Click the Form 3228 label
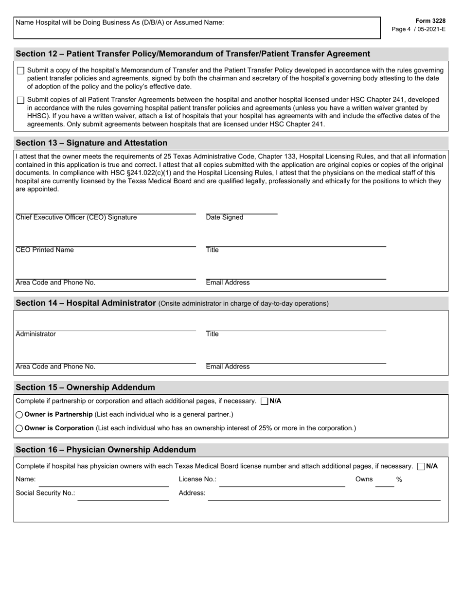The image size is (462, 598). pos(430,21)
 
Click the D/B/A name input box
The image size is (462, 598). pos(196,31)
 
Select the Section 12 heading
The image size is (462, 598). pos(193,54)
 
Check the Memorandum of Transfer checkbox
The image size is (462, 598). pos(20,71)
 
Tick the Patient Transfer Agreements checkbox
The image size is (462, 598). pos(20,101)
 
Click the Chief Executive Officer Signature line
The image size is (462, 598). pos(106,210)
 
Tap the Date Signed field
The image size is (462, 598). pos(241,210)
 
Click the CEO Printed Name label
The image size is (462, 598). pos(45,250)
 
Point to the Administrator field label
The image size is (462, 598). pos(36,334)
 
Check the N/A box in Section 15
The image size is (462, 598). pos(265,402)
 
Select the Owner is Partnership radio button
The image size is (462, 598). pos(19,415)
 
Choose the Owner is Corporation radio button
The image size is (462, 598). pos(19,428)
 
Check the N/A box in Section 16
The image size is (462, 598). pos(421,467)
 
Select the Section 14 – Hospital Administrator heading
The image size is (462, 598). pos(86,303)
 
